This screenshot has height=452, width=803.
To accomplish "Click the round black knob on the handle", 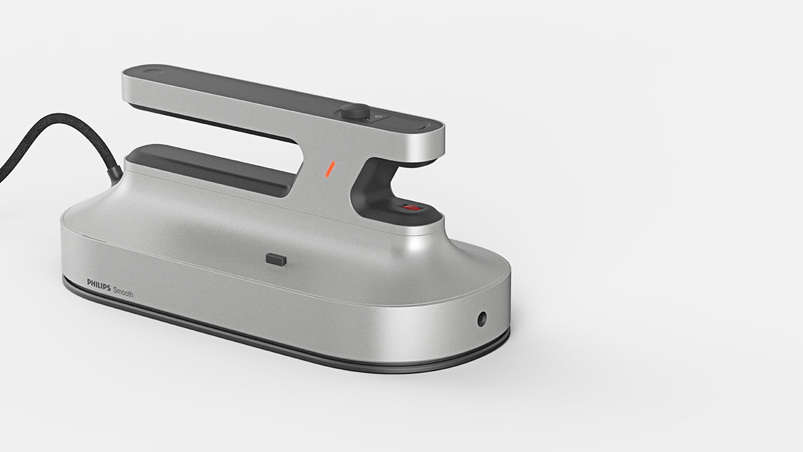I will [x=354, y=112].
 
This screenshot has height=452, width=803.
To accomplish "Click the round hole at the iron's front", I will [x=480, y=319].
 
